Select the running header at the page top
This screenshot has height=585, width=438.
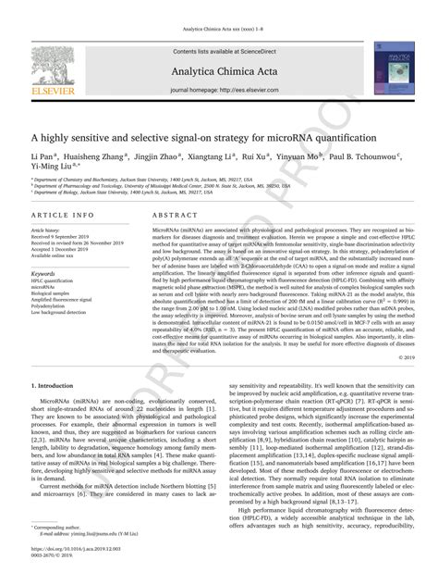tap(218, 8)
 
